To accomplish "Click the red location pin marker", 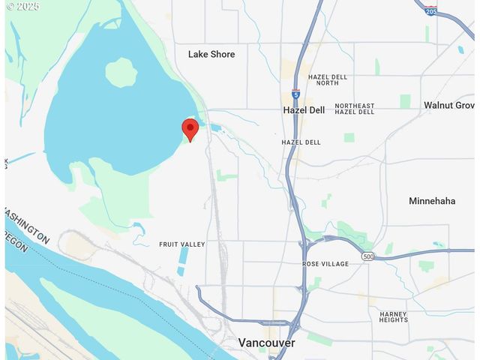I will tap(190, 129).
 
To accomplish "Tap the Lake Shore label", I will tap(211, 54).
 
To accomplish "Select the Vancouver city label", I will tap(266, 343).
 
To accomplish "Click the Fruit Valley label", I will tap(181, 244).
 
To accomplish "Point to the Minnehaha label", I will tap(432, 201).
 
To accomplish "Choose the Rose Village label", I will tap(325, 264).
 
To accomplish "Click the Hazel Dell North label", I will tap(328, 80).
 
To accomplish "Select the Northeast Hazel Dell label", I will tap(355, 109).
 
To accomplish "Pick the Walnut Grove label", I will tap(449, 105).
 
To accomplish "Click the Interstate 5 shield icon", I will tap(295, 95).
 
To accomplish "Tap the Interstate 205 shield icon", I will tap(430, 10).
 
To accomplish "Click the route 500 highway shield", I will tap(367, 256).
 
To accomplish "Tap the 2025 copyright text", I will tap(22, 6).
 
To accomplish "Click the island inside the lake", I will tap(121, 73).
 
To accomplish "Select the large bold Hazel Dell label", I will tap(304, 110).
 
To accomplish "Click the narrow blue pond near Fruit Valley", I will tap(184, 255).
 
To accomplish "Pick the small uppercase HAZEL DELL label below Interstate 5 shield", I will tap(301, 142).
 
